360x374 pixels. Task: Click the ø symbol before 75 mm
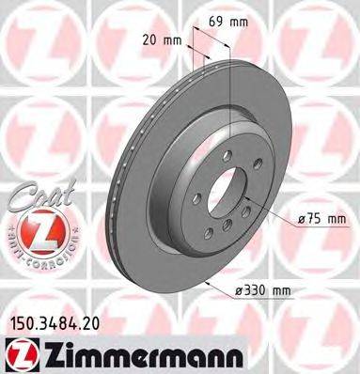click(x=302, y=220)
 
